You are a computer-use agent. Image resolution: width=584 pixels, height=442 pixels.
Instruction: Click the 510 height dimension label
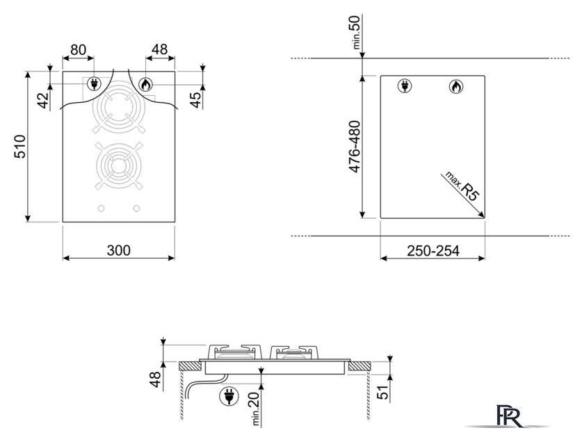click(19, 147)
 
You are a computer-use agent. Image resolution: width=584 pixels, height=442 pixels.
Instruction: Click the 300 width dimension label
click(119, 251)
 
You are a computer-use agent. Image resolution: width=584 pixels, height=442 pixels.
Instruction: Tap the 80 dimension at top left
click(78, 49)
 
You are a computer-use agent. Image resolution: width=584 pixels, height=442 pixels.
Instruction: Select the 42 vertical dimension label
click(44, 100)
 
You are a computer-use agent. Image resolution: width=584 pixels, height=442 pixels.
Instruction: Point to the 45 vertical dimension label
click(195, 99)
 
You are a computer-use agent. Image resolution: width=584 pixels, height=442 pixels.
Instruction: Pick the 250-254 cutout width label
click(432, 251)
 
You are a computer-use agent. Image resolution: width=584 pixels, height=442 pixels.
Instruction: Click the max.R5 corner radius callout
click(462, 186)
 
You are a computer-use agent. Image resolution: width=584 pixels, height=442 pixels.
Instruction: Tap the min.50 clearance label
click(355, 32)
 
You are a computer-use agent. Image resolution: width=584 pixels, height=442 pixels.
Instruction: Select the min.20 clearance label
click(257, 409)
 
